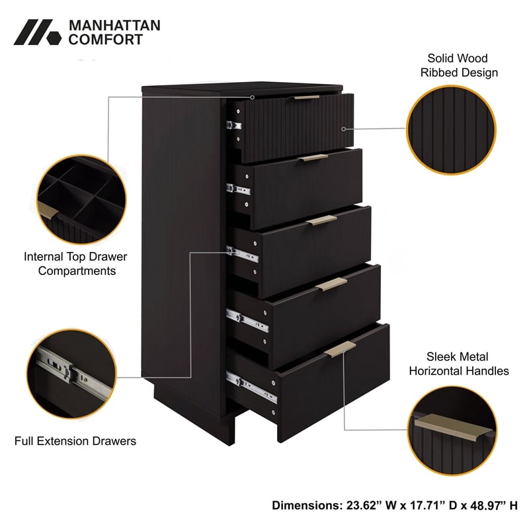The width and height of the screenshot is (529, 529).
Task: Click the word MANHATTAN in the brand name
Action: coord(114,25)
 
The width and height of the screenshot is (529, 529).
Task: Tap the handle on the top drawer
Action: coord(306,97)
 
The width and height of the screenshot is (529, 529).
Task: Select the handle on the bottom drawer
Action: coord(340,350)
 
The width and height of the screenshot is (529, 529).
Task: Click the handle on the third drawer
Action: coord(321,221)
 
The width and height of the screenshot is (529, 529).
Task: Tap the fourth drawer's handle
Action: coord(331,284)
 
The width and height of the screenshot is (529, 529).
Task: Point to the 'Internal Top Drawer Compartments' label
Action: coord(75,263)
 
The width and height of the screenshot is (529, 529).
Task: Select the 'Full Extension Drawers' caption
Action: coord(75,440)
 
